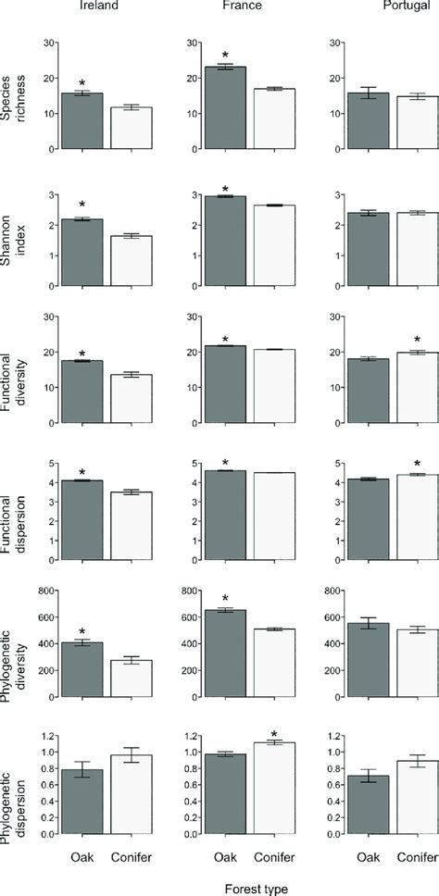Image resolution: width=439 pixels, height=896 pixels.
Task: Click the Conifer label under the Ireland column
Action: tap(131, 856)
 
